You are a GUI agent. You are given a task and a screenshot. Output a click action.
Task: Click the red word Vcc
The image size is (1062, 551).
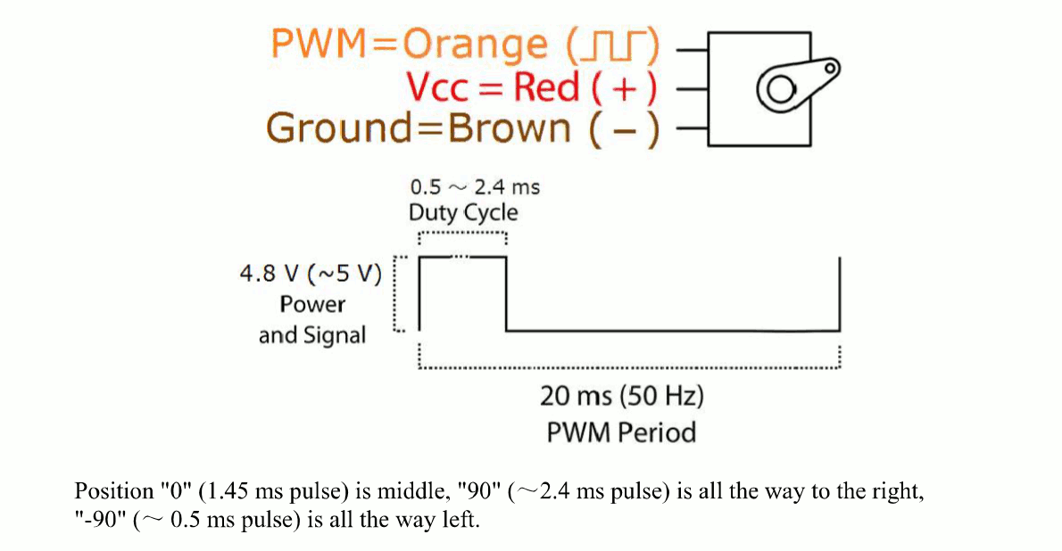(444, 87)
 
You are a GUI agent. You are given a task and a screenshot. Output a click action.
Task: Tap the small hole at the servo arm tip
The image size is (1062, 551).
(830, 67)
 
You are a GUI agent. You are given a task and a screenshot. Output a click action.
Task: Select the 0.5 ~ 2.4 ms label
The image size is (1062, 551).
(474, 187)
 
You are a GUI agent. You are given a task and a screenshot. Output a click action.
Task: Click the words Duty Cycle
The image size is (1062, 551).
(462, 213)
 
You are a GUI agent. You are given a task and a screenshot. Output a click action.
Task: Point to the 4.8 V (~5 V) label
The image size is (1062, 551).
(310, 274)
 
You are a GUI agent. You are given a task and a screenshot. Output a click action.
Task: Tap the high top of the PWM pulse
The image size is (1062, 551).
(462, 257)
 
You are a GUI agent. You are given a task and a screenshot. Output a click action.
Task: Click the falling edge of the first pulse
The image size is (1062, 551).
(506, 294)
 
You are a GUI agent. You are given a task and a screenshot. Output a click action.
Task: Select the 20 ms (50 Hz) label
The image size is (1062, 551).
(621, 395)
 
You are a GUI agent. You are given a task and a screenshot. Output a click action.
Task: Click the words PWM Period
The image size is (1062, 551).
(621, 432)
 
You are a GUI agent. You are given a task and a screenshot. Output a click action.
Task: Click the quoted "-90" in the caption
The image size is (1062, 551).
(100, 521)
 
